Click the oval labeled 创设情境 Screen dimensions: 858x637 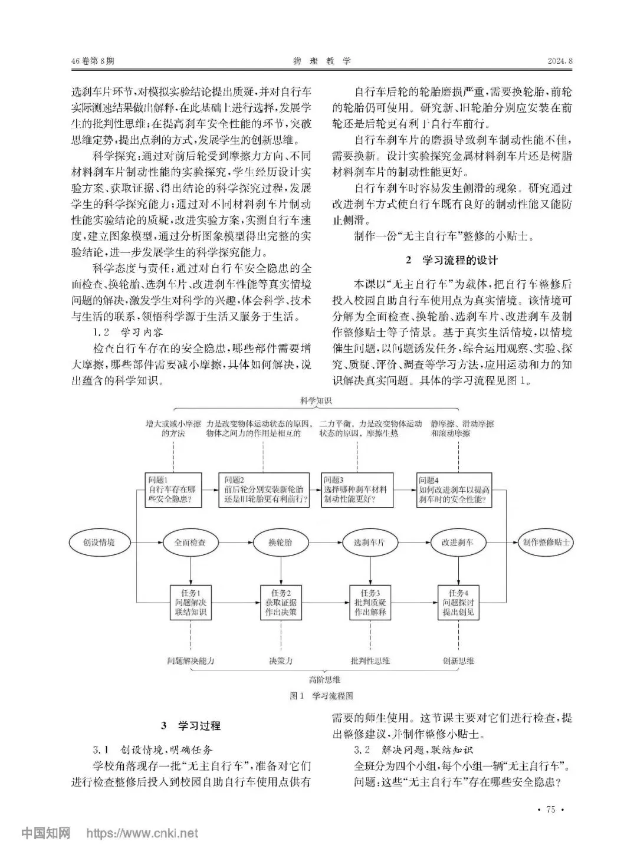click(99, 543)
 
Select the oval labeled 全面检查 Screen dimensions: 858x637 click(190, 543)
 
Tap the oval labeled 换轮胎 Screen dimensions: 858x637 click(280, 543)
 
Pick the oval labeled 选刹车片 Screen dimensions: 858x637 click(369, 543)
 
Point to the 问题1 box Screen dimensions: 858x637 click(173, 490)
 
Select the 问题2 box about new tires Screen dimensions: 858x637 click(264, 490)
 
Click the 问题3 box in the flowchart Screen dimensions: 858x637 click(357, 490)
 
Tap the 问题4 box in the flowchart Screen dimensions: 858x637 click(454, 490)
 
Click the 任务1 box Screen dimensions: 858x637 click(191, 603)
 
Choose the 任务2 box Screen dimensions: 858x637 click(280, 603)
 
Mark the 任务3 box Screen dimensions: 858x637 click(370, 603)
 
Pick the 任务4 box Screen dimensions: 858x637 click(458, 603)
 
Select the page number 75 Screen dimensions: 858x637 click(551, 810)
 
